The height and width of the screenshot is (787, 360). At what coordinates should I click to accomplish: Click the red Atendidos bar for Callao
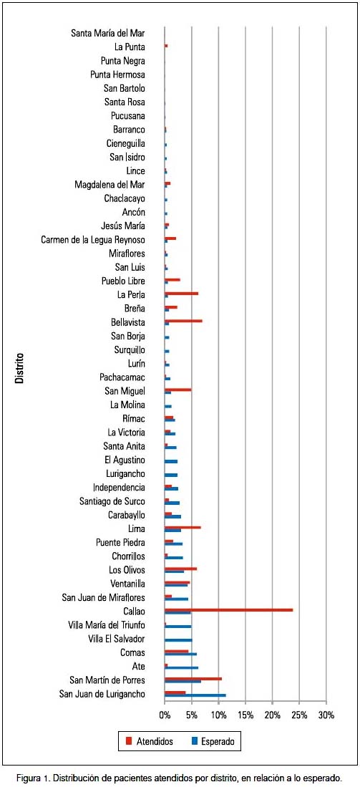(228, 610)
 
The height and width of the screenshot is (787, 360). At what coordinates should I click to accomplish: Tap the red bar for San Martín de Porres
(193, 679)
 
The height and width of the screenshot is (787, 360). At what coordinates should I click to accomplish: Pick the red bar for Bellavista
(183, 320)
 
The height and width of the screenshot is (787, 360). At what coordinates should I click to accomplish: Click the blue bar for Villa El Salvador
(178, 640)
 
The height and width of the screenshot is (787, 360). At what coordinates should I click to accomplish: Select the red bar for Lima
(183, 527)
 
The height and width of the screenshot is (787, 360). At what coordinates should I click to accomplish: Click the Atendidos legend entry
(150, 741)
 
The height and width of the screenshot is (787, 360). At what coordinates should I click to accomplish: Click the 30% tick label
(326, 714)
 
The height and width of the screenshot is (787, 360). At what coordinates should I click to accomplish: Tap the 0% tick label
(165, 714)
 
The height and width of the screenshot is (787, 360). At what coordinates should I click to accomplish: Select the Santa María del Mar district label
(108, 34)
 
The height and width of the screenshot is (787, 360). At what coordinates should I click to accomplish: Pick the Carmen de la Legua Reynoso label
(93, 240)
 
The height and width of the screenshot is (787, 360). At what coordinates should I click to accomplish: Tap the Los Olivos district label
(127, 570)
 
